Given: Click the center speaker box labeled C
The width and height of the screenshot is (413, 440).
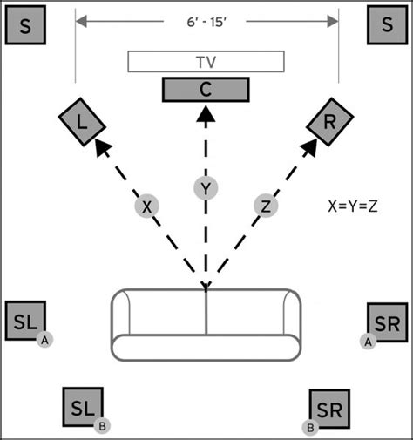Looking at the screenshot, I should point(206,90).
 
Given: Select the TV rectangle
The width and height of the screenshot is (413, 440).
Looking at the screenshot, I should point(206,62).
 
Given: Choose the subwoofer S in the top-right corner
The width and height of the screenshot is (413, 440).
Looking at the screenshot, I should point(387,26).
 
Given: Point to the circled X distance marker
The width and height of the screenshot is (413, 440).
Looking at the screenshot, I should point(147,206).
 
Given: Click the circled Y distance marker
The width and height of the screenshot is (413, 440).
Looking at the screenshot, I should point(206,188).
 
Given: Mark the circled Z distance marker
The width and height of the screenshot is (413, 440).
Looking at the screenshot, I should point(266,206).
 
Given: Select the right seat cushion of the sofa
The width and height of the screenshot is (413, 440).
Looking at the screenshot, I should point(251,314).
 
